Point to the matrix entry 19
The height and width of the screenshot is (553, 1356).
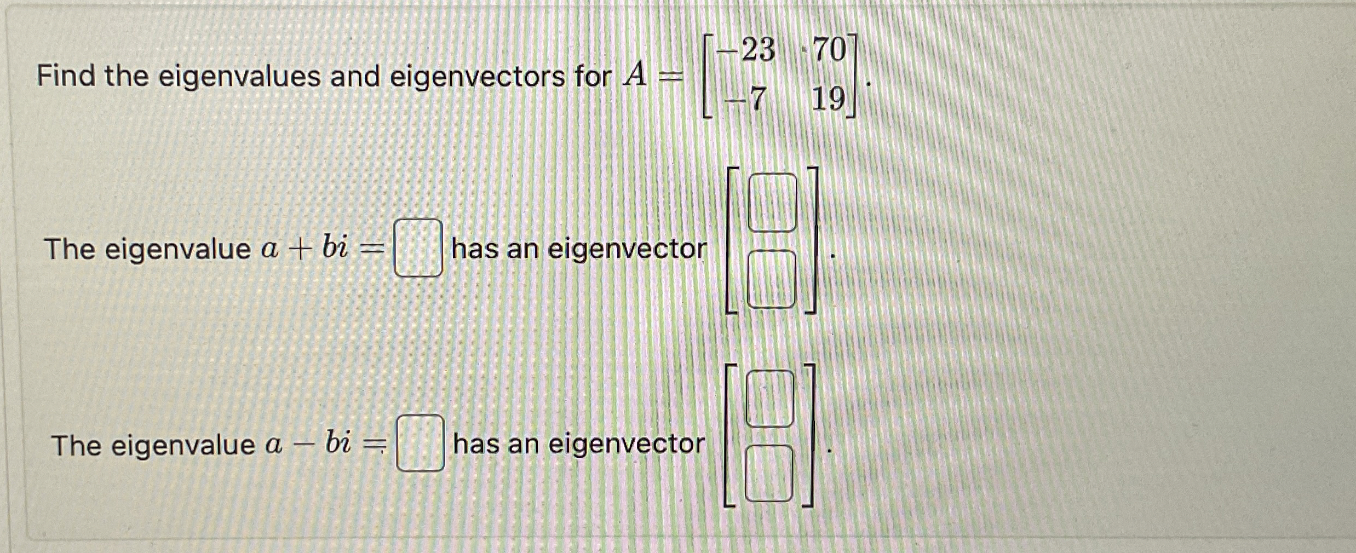pos(828,100)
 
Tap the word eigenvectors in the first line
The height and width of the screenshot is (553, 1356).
pos(477,77)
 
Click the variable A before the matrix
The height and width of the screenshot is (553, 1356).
pos(635,76)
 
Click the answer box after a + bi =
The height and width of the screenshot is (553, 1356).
pos(418,248)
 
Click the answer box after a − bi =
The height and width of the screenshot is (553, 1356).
pos(420,443)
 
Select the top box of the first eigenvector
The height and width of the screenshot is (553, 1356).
pos(772,203)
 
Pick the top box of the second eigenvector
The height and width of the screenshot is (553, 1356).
pos(770,399)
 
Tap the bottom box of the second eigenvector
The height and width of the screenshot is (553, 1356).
pos(769,473)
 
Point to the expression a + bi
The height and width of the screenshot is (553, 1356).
pos(304,249)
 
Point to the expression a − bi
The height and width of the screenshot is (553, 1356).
pos(308,444)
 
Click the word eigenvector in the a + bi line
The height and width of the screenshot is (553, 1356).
pos(627,250)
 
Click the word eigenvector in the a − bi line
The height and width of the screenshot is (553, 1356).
pos(627,444)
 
